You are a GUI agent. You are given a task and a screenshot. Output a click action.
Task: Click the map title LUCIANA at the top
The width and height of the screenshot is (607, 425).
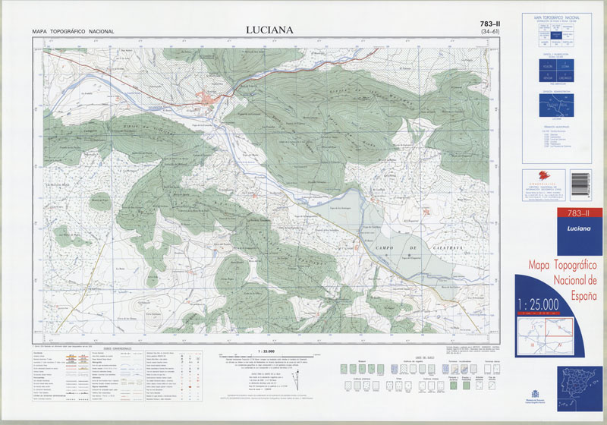tap(269, 30)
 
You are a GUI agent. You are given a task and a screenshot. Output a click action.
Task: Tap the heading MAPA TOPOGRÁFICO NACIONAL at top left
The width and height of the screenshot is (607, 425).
tap(73, 32)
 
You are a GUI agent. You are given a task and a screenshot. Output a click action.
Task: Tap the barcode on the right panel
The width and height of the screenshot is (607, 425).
tap(579, 183)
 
